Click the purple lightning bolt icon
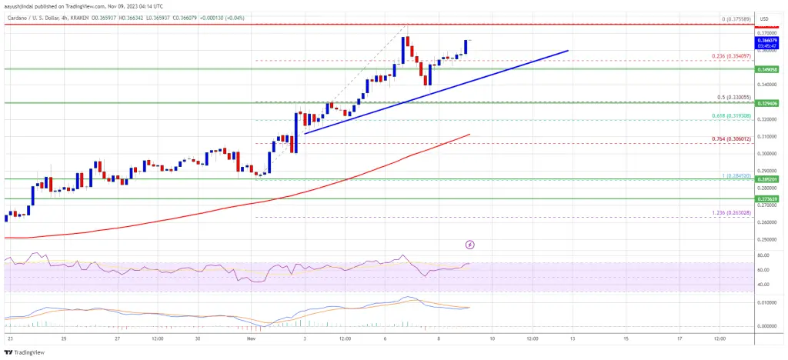coord(470,245)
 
